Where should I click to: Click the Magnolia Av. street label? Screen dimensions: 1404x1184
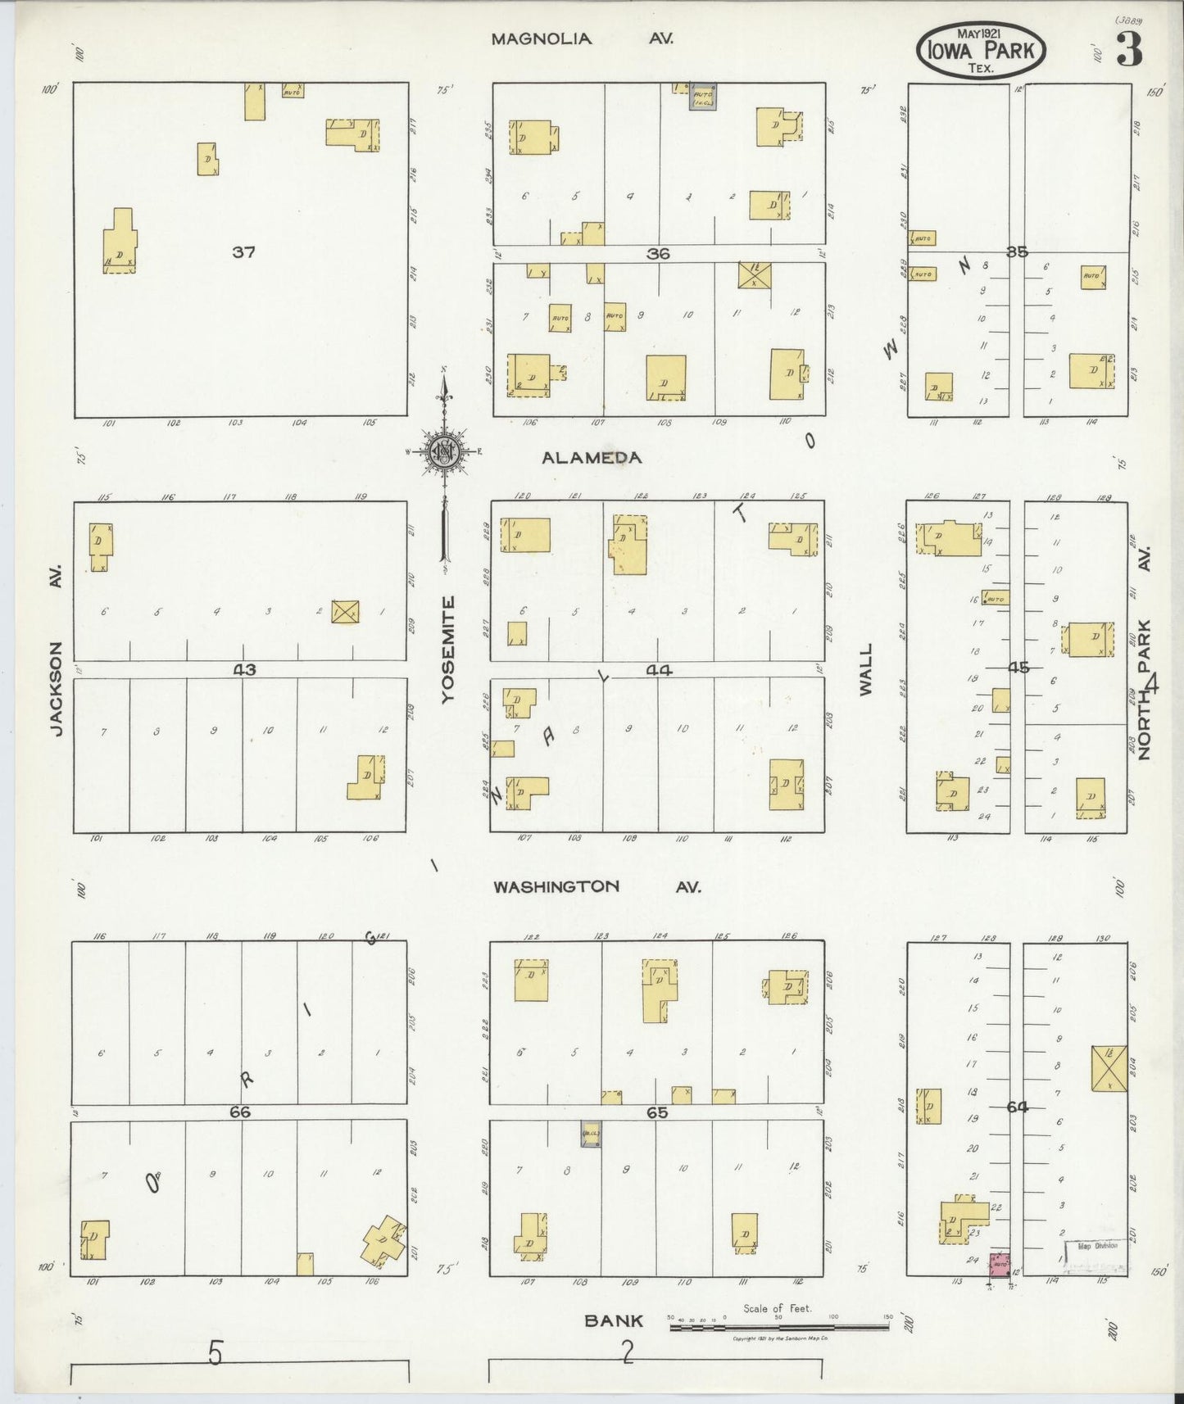pyautogui.click(x=582, y=38)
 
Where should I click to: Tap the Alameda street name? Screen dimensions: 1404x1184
pyautogui.click(x=592, y=458)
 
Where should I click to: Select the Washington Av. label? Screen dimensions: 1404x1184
pyautogui.click(x=597, y=886)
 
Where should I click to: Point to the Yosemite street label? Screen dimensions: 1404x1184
pyautogui.click(x=447, y=650)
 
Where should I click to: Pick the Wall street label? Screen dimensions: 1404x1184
pyautogui.click(x=866, y=669)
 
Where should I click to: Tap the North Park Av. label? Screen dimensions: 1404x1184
pyautogui.click(x=1145, y=655)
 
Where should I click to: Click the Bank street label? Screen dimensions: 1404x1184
pyautogui.click(x=613, y=1320)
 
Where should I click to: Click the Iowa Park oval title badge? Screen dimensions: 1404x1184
pyautogui.click(x=981, y=51)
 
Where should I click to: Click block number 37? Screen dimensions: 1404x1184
pyautogui.click(x=243, y=252)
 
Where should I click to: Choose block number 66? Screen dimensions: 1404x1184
pyautogui.click(x=239, y=1112)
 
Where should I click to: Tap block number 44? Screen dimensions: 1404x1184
pyautogui.click(x=658, y=670)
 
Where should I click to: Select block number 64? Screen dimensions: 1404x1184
pyautogui.click(x=1017, y=1107)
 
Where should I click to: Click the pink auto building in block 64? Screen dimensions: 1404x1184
pyautogui.click(x=1000, y=1266)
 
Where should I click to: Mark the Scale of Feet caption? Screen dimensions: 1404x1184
pyautogui.click(x=777, y=1308)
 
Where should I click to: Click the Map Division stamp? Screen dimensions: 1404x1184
pyautogui.click(x=1098, y=1246)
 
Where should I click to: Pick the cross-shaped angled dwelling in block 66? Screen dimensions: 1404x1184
pyautogui.click(x=383, y=1238)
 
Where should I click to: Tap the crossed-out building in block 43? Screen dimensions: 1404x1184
pyautogui.click(x=345, y=611)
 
